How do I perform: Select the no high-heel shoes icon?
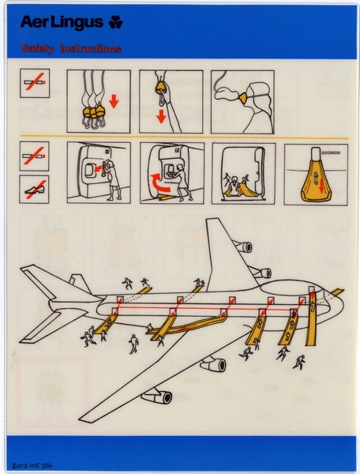pos(34,189)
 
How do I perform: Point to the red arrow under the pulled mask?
pos(162,117)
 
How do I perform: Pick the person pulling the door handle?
pos(112,178)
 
